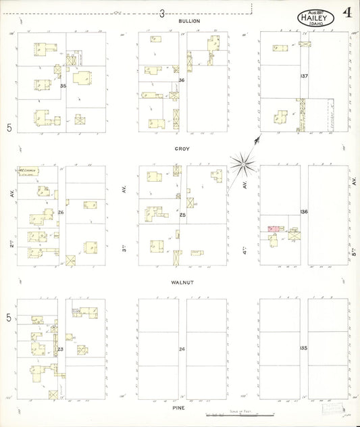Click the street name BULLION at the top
coord(188,21)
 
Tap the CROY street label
coord(182,148)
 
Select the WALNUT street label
coord(182,282)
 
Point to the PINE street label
coord(178,408)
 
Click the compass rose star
coord(242,162)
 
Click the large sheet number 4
coord(346,13)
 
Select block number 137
coord(305,76)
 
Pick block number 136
coord(305,212)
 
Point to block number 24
coord(182,349)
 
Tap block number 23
coord(60,349)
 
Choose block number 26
coord(61,213)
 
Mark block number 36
coord(181,80)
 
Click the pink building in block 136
coord(274,230)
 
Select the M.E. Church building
coord(28,172)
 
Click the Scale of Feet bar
coord(240,413)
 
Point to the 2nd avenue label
coord(12,241)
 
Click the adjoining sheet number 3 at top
coord(162,13)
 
